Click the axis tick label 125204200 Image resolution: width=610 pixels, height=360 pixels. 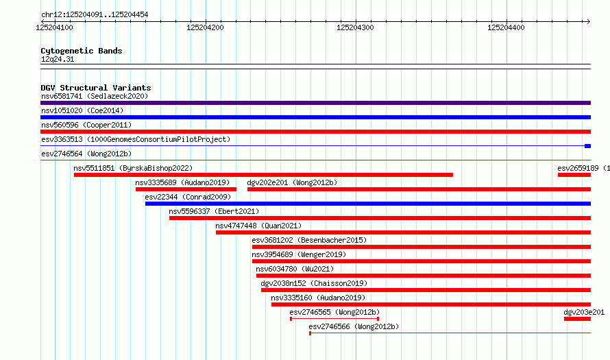click(x=205, y=27)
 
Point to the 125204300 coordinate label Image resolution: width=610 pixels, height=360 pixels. click(x=355, y=27)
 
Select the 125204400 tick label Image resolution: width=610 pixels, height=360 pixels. click(x=506, y=27)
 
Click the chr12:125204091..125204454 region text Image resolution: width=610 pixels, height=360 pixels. click(x=95, y=15)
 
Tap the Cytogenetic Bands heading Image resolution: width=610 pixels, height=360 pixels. click(x=82, y=51)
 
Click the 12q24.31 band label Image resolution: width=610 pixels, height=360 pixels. click(x=58, y=59)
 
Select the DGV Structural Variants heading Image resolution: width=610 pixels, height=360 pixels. click(x=96, y=88)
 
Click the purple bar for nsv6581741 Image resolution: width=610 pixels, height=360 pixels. click(x=315, y=103)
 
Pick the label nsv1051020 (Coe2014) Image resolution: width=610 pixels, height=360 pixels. click(x=82, y=110)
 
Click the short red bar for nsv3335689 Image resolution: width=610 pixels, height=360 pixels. click(x=186, y=189)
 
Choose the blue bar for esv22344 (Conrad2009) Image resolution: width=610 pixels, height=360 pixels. click(x=368, y=204)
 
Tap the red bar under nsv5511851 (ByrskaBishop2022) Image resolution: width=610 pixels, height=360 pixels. click(x=263, y=175)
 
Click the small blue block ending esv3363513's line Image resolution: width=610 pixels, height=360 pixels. click(x=588, y=146)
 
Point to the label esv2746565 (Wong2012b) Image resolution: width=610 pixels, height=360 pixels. click(x=334, y=312)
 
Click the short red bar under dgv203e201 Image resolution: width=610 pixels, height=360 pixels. click(x=577, y=319)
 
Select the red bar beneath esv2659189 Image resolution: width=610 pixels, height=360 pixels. click(x=574, y=175)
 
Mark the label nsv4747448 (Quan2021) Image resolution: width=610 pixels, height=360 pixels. click(x=258, y=226)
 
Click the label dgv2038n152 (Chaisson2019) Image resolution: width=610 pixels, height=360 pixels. click(x=314, y=283)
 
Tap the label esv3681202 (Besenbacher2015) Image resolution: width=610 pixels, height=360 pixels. click(x=309, y=240)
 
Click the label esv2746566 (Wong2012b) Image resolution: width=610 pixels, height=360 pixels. click(x=354, y=326)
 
